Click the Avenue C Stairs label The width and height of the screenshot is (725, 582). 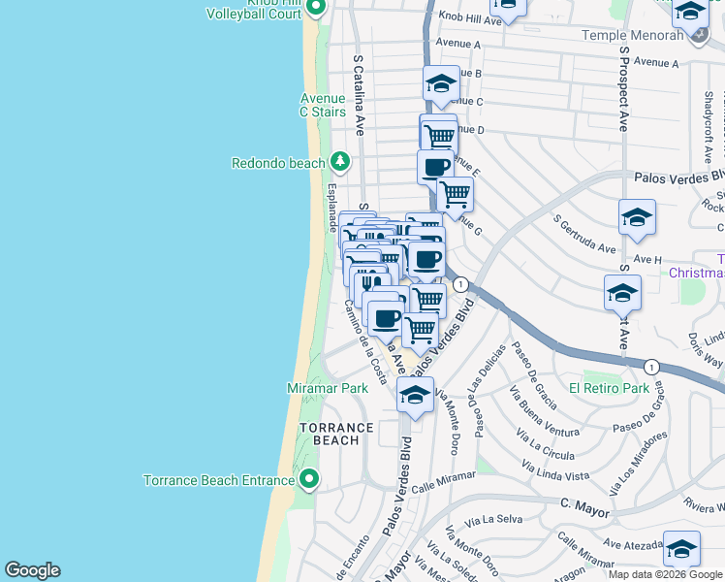coord(323,105)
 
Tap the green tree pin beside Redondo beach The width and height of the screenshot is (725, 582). coord(339,161)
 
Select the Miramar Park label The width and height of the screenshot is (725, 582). coord(328,388)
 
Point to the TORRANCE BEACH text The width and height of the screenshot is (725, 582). coord(335,434)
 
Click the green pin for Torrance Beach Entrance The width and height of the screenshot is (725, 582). coord(309,478)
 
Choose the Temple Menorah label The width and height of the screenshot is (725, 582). coord(632,35)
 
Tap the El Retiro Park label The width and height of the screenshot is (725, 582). coord(609,388)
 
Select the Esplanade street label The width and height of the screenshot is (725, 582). coord(332,208)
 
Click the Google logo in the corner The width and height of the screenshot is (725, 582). coord(32,570)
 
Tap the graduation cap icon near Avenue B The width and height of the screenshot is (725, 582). coord(441,84)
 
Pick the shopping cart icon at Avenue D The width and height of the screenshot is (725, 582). coord(439,135)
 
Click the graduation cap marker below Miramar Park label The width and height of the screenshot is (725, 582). coord(415,396)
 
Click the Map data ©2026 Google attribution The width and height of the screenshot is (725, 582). coord(665,574)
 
